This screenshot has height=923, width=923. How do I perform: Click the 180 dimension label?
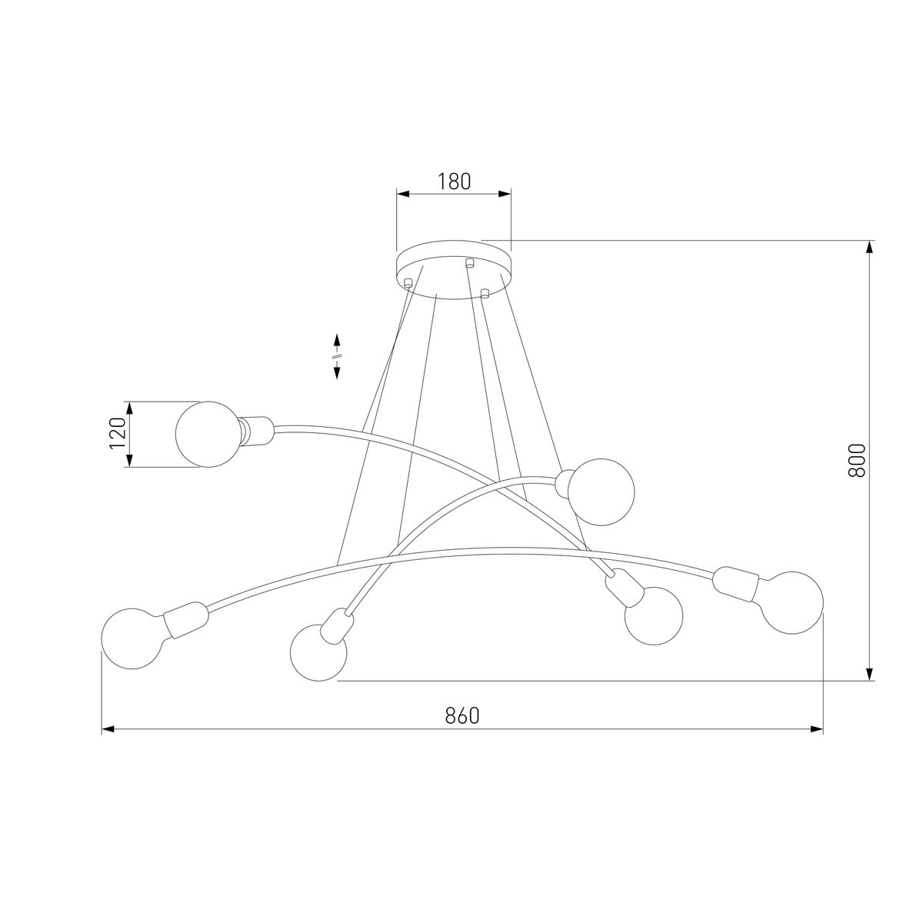click(x=454, y=182)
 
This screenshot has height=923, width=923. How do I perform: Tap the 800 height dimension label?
click(x=857, y=460)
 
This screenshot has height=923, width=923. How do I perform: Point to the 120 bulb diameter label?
click(x=118, y=434)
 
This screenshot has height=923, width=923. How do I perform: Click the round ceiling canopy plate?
click(x=454, y=270)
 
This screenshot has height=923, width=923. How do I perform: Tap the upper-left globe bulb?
click(x=208, y=434)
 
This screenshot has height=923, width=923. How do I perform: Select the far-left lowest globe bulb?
click(x=132, y=638)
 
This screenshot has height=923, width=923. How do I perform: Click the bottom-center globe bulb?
click(x=318, y=652)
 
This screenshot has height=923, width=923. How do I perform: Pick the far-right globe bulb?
click(x=792, y=602)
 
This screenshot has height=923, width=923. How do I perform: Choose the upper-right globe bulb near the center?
click(x=601, y=492)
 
